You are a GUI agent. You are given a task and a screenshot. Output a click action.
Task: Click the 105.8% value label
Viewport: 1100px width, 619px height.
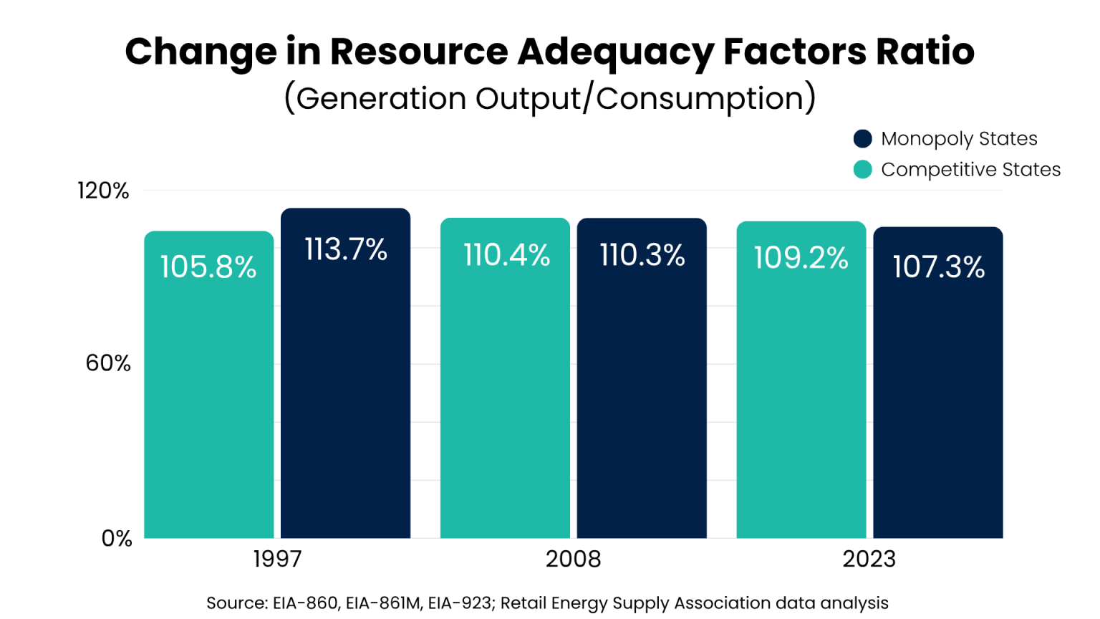coord(208,267)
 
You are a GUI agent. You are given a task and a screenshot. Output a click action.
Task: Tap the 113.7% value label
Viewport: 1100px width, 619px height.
coord(346,250)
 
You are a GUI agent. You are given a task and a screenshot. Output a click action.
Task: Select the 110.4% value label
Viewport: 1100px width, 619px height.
coord(506,255)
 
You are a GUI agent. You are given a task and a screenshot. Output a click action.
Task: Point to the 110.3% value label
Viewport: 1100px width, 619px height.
coord(642,255)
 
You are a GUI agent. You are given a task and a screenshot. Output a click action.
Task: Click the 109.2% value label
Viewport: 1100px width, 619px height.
coord(801,258)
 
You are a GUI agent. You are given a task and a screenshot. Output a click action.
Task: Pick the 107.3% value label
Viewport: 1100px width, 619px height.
coord(938,267)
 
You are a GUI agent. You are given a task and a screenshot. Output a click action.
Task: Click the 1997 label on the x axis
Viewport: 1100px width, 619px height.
coord(277,559)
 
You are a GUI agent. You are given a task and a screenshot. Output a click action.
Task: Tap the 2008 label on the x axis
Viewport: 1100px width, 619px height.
coord(573,559)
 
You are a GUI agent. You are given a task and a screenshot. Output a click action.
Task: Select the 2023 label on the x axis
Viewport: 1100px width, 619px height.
coord(869,559)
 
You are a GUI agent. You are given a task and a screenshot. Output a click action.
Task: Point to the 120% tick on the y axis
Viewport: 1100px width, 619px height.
coord(103,191)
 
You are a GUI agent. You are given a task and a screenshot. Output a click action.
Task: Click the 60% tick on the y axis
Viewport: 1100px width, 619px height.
coord(108,363)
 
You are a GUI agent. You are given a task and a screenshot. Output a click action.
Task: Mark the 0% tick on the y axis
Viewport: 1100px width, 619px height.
coord(117,538)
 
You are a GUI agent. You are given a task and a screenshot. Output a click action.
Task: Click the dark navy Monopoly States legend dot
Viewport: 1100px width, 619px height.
coord(863,138)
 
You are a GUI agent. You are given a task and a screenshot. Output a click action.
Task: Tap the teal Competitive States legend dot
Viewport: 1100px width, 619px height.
coord(863,170)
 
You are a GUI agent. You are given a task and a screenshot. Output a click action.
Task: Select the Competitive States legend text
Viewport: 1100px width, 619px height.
coord(970,170)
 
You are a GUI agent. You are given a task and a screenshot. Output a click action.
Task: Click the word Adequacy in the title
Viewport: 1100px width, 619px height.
coord(615,52)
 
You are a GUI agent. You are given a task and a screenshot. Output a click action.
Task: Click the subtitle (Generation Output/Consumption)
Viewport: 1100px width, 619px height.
coord(550,98)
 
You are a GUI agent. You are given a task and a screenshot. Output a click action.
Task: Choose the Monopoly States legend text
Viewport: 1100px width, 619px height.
coord(959,138)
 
